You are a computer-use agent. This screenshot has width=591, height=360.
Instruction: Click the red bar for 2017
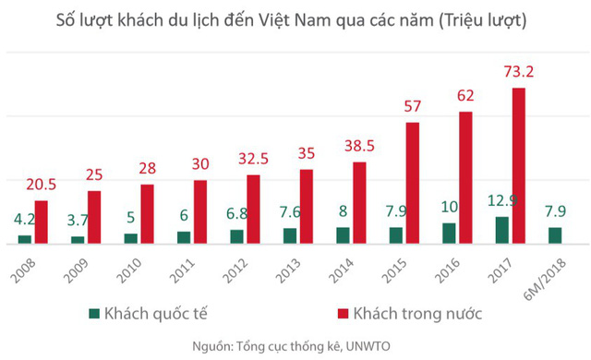[x=519, y=166]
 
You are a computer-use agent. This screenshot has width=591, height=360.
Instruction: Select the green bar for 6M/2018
[x=555, y=235]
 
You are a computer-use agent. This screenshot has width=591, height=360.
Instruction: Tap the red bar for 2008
[x=41, y=222]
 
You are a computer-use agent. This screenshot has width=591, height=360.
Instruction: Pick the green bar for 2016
[x=449, y=234]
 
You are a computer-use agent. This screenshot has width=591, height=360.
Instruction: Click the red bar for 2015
[x=412, y=183]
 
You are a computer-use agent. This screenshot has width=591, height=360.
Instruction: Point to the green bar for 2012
[x=237, y=236]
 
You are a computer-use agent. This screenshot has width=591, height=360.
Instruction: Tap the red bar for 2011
[x=200, y=212]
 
